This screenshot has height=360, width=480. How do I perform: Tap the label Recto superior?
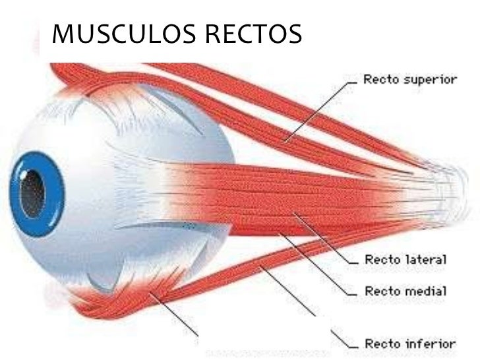coord(410,80)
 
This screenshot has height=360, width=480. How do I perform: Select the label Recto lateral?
coord(406,259)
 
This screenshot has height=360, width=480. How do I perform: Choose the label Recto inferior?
coord(410,344)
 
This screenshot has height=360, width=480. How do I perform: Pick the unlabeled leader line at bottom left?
coord(175,314)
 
